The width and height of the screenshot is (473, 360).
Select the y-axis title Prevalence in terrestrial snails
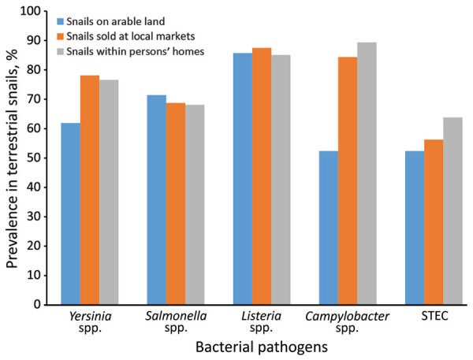13,158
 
